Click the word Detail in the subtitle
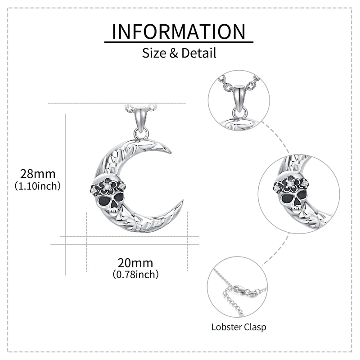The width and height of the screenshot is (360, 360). coord(199,53)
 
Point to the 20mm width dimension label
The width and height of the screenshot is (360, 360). coord(135,263)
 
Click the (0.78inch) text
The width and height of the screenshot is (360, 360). coord(135,274)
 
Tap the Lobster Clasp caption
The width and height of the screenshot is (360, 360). coord(238,327)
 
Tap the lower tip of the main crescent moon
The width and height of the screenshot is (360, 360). coord(181,202)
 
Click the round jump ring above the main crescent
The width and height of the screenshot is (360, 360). coord(141,133)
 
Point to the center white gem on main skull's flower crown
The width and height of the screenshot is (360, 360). coord(107,184)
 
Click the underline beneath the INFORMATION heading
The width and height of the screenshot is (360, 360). coord(179,42)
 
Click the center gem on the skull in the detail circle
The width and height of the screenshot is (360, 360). coord(291,183)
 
